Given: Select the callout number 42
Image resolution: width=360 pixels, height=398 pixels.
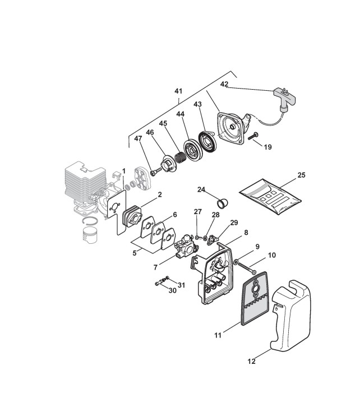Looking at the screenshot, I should coord(224,85).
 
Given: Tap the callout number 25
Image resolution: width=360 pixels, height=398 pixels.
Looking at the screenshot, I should coord(301,176).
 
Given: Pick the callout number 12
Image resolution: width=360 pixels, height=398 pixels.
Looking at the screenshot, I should coord(252,362).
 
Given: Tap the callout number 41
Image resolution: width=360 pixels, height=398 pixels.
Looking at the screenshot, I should coord(179,91).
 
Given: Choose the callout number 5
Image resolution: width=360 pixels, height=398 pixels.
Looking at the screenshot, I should coord(135,252).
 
